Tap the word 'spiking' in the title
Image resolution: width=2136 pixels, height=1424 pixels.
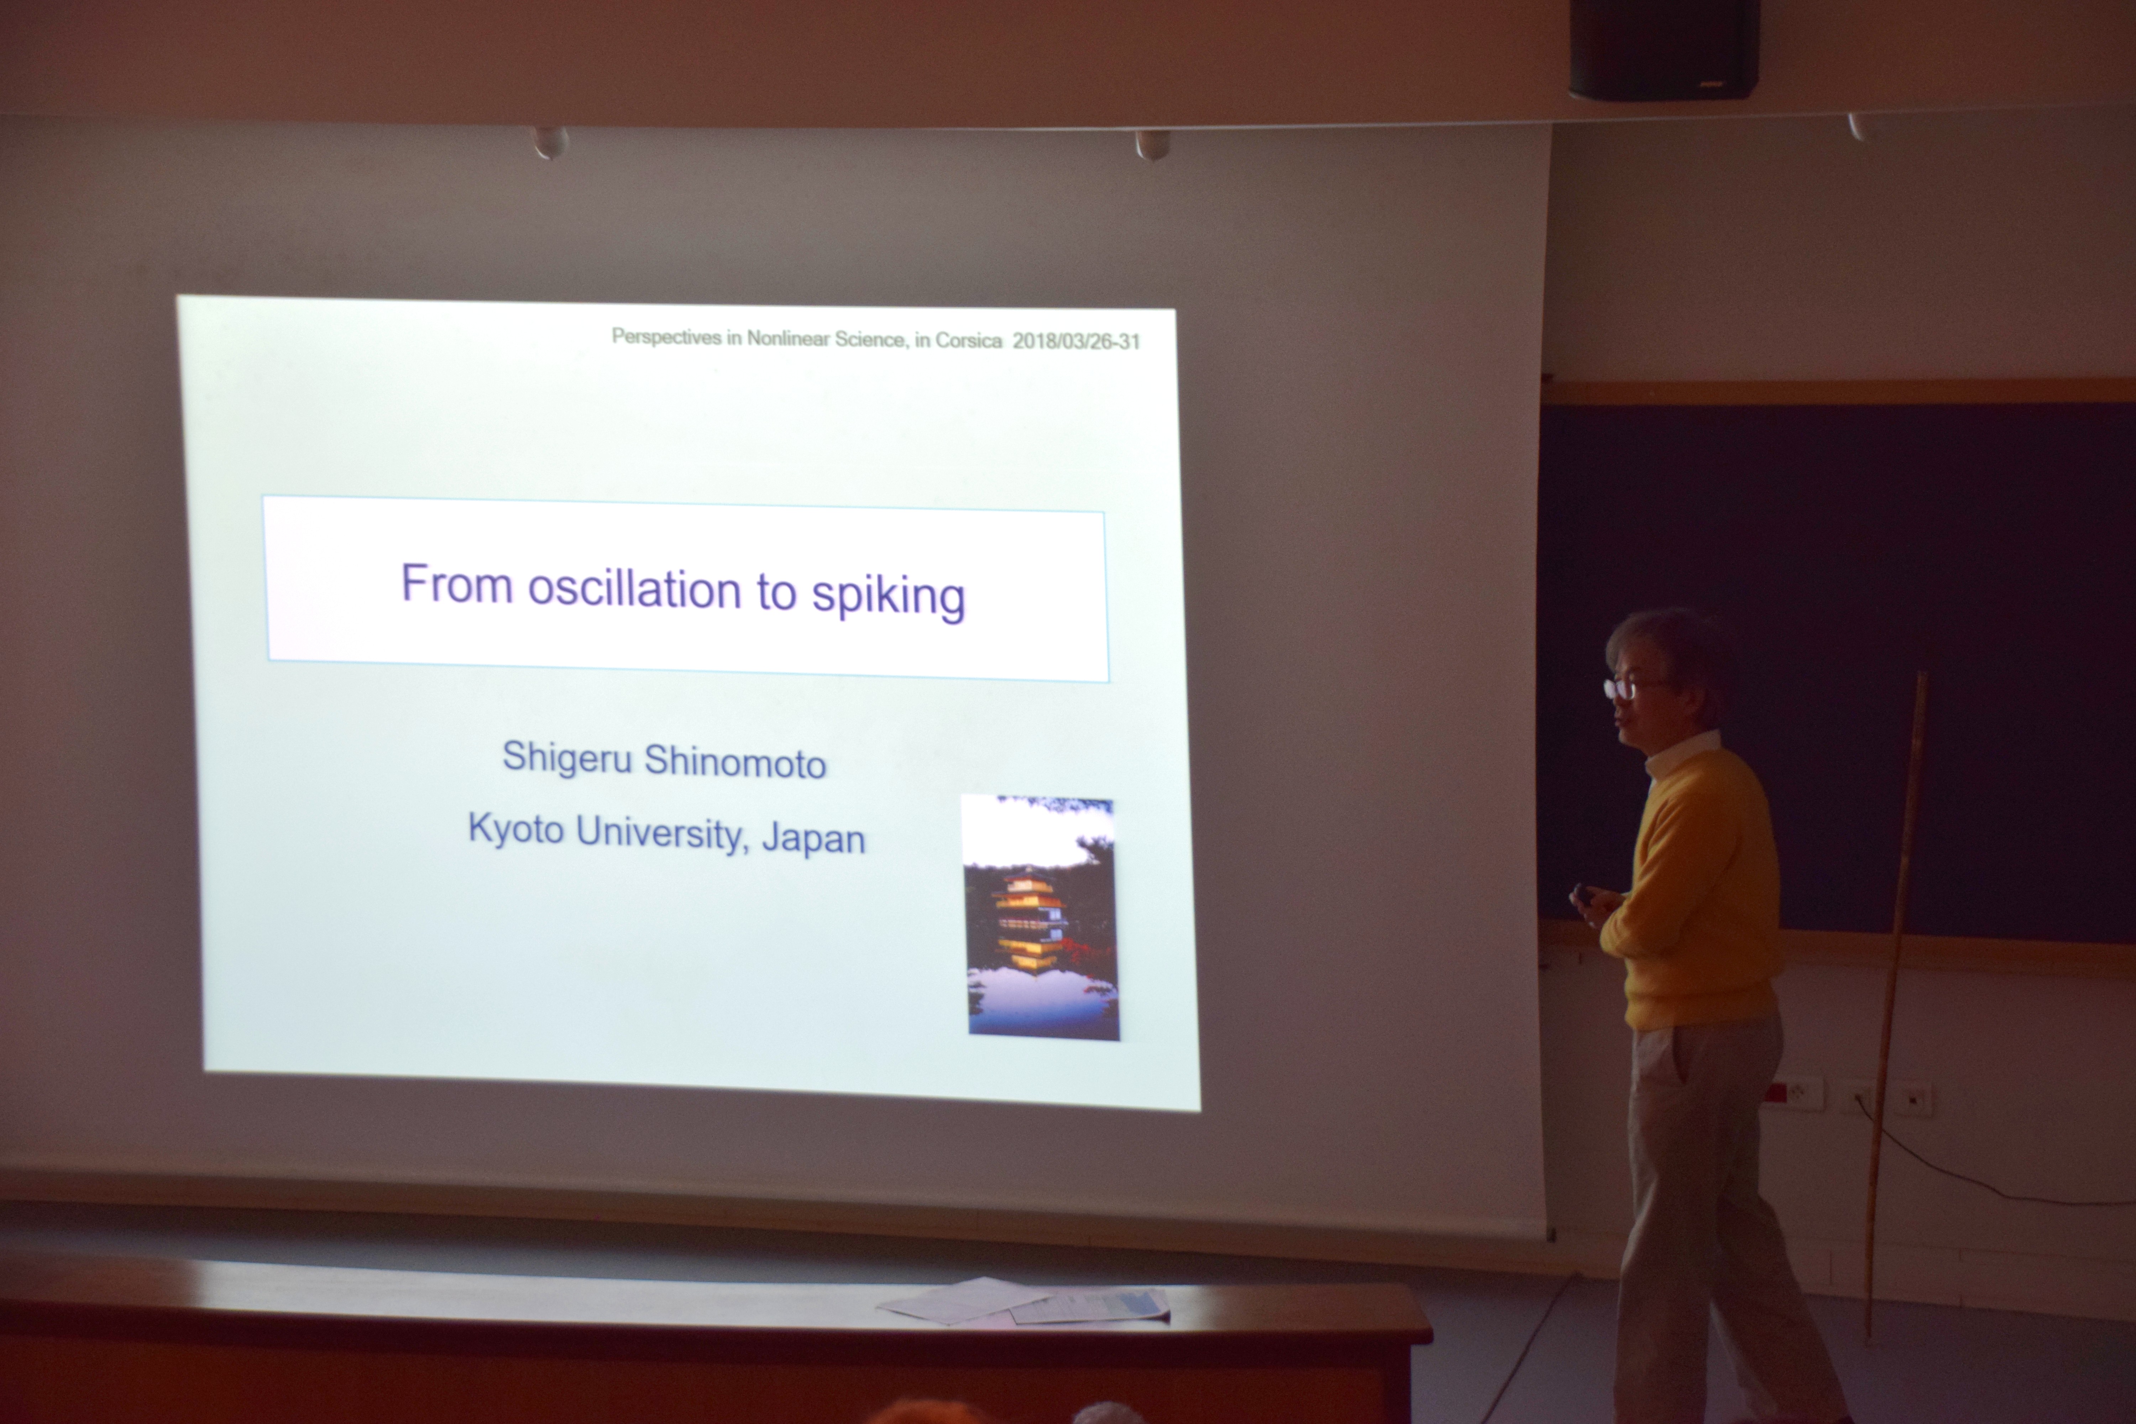[888, 596]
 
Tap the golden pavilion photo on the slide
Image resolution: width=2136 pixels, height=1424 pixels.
[1041, 917]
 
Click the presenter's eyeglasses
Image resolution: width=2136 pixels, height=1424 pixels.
[1630, 687]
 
